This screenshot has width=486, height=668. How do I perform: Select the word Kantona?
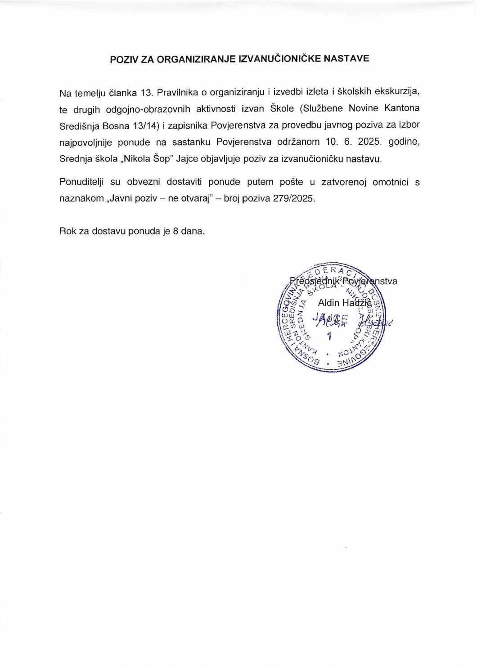coord(402,108)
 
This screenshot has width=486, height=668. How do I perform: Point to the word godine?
coord(404,142)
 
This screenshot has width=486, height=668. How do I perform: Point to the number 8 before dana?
coord(175,231)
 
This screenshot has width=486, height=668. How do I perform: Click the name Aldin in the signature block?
coord(328,303)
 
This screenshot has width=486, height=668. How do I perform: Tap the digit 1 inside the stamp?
coord(329,336)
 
